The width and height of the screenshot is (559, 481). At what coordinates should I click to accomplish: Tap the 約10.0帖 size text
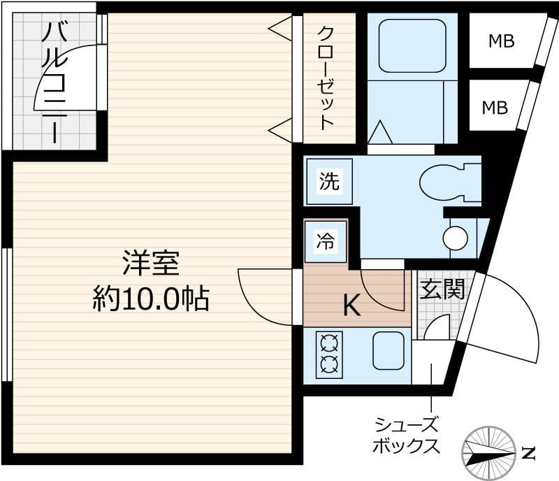pos(151,299)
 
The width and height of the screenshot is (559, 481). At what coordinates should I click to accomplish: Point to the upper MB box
pos(501,41)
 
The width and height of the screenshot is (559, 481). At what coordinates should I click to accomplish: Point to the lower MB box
pos(495,108)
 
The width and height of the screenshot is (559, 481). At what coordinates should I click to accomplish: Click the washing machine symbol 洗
pos(328,182)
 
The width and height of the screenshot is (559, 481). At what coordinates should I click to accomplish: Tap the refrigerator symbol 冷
pos(326,241)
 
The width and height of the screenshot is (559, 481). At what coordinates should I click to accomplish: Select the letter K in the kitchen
pos(351,306)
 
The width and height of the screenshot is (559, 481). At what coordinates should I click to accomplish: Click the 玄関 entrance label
pos(442,289)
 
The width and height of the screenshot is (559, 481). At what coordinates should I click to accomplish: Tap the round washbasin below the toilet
pos(455,238)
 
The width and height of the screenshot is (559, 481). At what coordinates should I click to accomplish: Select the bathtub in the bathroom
pos(412,45)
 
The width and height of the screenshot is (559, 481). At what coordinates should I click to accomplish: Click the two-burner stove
pos(329,354)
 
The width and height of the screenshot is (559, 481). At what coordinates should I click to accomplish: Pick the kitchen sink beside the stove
pos(388,350)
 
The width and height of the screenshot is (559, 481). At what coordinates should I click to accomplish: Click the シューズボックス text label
pos(407,435)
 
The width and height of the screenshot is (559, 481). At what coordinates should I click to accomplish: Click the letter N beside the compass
pos(528,452)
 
